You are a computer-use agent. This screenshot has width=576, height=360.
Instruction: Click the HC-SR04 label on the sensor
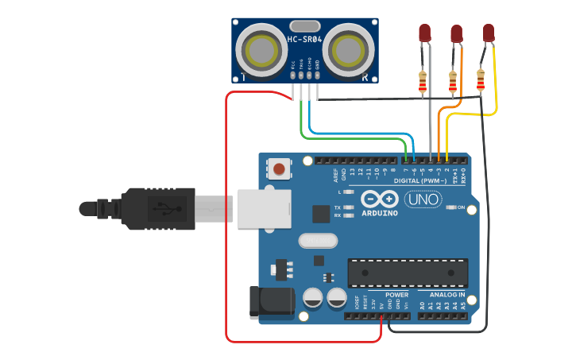click(305, 40)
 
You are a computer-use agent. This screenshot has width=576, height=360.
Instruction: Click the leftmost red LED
click(424, 33)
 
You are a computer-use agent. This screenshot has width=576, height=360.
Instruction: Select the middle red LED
click(456, 33)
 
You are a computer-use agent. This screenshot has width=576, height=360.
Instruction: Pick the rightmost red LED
click(488, 33)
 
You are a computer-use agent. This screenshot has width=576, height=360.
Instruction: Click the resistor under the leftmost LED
click(422, 81)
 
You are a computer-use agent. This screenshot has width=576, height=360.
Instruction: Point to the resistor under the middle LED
click(453, 81)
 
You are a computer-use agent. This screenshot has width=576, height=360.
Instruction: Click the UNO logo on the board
click(423, 199)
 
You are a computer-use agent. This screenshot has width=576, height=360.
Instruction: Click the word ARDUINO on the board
click(379, 213)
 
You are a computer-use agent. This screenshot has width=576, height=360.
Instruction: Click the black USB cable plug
click(159, 209)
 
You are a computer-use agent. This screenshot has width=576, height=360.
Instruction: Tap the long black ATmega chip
click(408, 273)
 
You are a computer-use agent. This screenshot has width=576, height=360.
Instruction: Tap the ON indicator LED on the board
click(451, 207)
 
